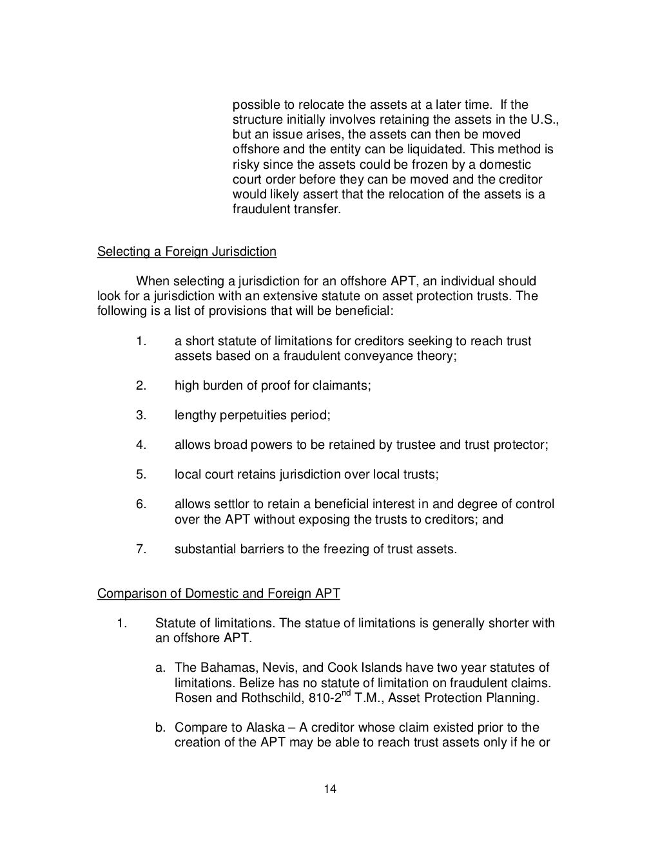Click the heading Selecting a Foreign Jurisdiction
click(x=186, y=252)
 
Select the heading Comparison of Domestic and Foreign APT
click(x=218, y=593)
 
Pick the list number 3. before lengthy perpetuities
click(x=141, y=415)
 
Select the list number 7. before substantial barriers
click(x=141, y=549)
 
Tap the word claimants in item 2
click(x=345, y=386)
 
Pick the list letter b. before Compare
click(x=160, y=728)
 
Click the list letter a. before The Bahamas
click(x=160, y=668)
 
